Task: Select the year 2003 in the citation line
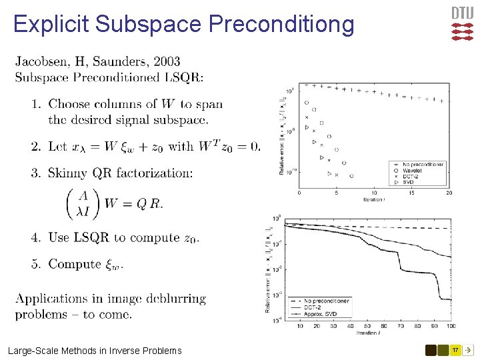tap(166, 62)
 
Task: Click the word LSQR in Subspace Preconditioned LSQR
tap(181, 77)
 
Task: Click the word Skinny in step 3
tap(69, 173)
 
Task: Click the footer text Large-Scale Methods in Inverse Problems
tap(94, 351)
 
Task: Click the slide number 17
tap(456, 350)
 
